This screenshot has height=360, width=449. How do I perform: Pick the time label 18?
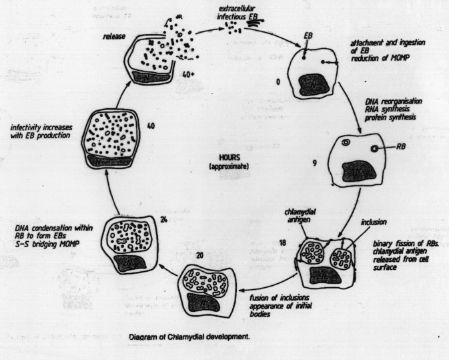(x=283, y=237)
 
